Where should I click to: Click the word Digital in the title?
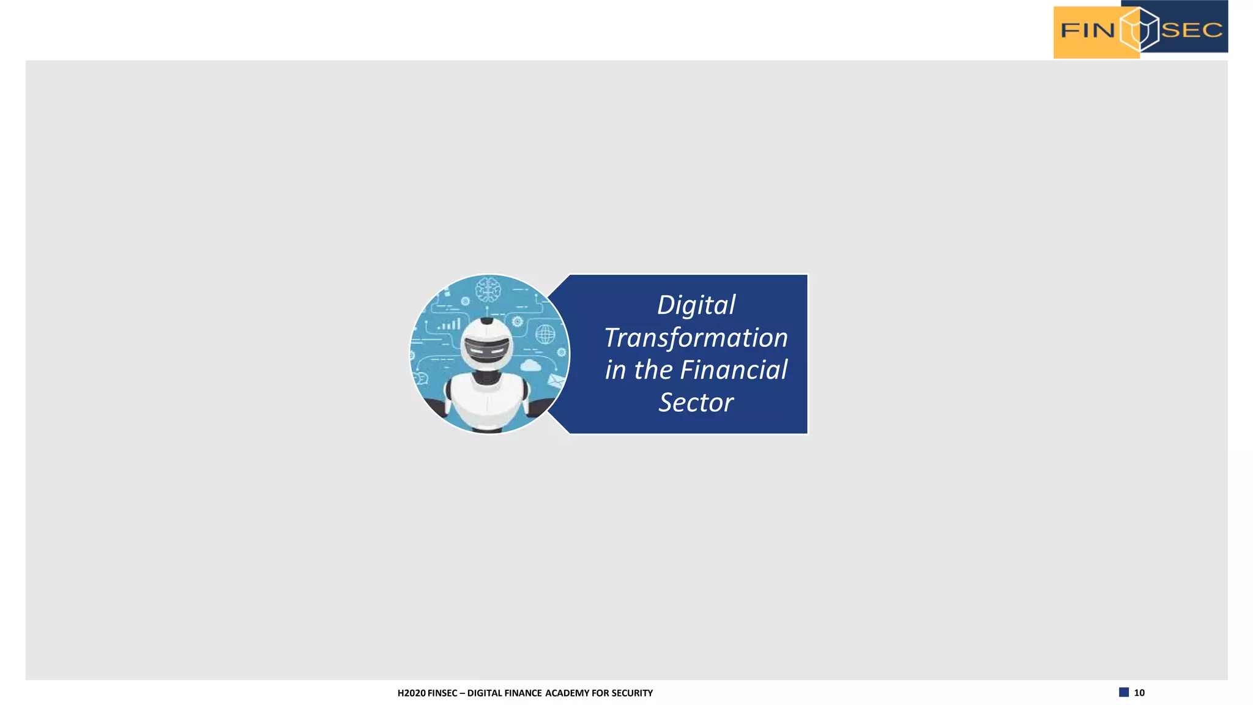pyautogui.click(x=696, y=305)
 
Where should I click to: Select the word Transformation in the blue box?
pyautogui.click(x=696, y=338)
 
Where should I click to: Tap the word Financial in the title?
pyautogui.click(x=734, y=370)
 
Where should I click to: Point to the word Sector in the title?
pyautogui.click(x=696, y=403)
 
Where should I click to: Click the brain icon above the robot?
pyautogui.click(x=488, y=289)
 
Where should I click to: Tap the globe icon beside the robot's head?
pyautogui.click(x=545, y=334)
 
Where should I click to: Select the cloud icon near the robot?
pyautogui.click(x=530, y=366)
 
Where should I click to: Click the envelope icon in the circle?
pyautogui.click(x=556, y=382)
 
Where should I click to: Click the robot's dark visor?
pyautogui.click(x=486, y=349)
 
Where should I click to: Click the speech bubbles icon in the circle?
pyautogui.click(x=422, y=379)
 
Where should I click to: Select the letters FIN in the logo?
pyautogui.click(x=1087, y=30)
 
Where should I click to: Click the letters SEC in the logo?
pyautogui.click(x=1191, y=30)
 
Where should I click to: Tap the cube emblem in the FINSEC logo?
pyautogui.click(x=1139, y=29)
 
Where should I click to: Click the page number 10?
pyautogui.click(x=1139, y=693)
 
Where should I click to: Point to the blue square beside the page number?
pyautogui.click(x=1124, y=692)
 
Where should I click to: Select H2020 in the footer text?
pyautogui.click(x=411, y=693)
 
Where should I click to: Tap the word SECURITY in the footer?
pyautogui.click(x=632, y=693)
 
